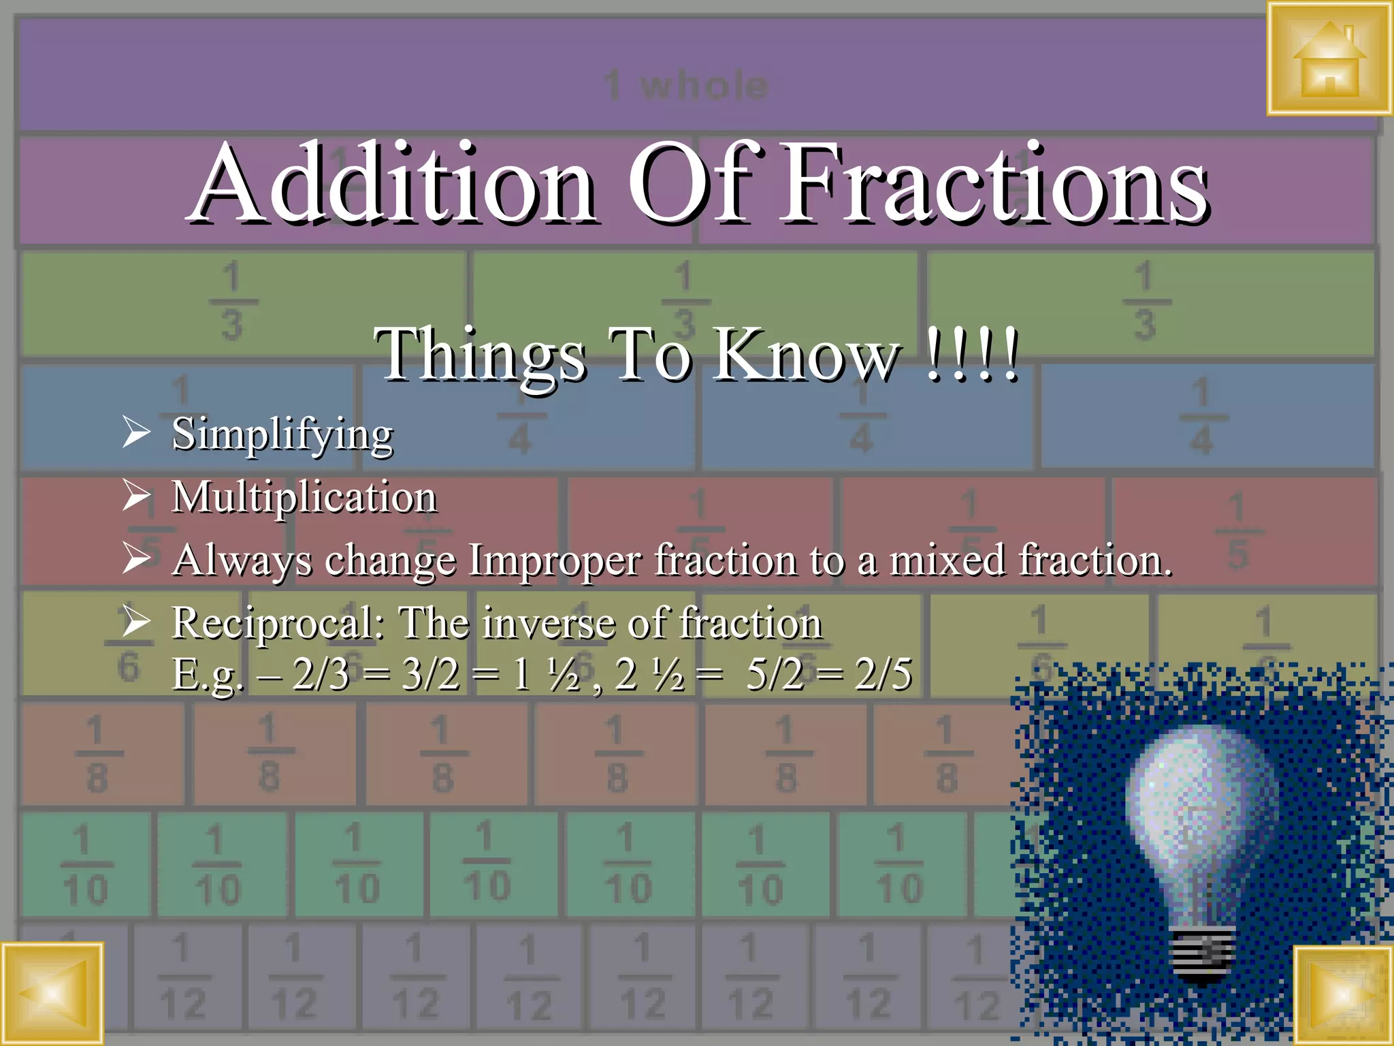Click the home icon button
click(x=1329, y=59)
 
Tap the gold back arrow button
click(x=52, y=994)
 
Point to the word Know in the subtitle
click(x=807, y=354)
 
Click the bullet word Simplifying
click(x=282, y=434)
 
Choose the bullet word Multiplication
click(x=304, y=496)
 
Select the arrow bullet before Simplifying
click(x=136, y=432)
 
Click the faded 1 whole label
click(x=686, y=86)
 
